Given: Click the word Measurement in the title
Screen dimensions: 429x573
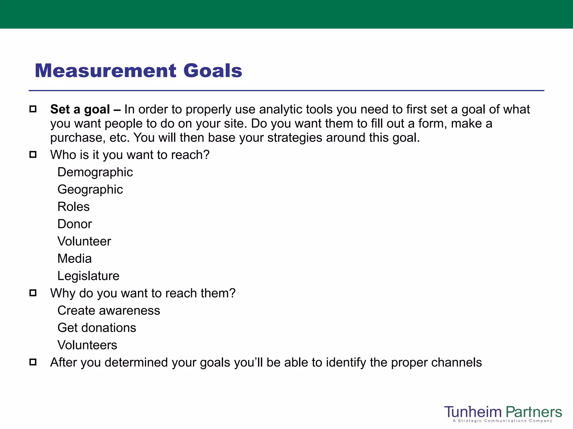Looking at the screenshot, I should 105,70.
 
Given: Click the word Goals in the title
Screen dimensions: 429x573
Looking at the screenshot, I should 213,70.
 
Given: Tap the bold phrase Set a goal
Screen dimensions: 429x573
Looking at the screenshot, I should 80,109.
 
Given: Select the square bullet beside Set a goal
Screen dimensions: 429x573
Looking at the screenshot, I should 33,109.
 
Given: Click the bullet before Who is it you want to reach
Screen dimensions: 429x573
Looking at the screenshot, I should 33,154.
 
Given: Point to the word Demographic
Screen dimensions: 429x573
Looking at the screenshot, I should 95,172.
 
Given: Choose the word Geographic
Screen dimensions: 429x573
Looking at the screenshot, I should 90,189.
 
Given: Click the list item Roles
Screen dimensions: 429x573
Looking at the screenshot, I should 73,207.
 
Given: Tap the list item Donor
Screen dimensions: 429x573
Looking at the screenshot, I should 75,224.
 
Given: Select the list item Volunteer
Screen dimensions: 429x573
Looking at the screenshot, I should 84,241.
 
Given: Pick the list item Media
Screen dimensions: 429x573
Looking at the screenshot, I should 74,259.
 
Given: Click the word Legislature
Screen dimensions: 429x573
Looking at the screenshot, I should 88,276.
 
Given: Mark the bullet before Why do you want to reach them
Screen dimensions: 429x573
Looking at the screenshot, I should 33,293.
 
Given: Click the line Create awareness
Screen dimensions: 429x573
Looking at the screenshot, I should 109,311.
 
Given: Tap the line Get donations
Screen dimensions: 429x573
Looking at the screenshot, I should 97,328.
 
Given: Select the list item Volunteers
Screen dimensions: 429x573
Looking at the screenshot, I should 87,345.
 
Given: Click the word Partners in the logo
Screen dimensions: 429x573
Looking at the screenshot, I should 534,412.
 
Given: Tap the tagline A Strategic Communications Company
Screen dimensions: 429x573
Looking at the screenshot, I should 502,421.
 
